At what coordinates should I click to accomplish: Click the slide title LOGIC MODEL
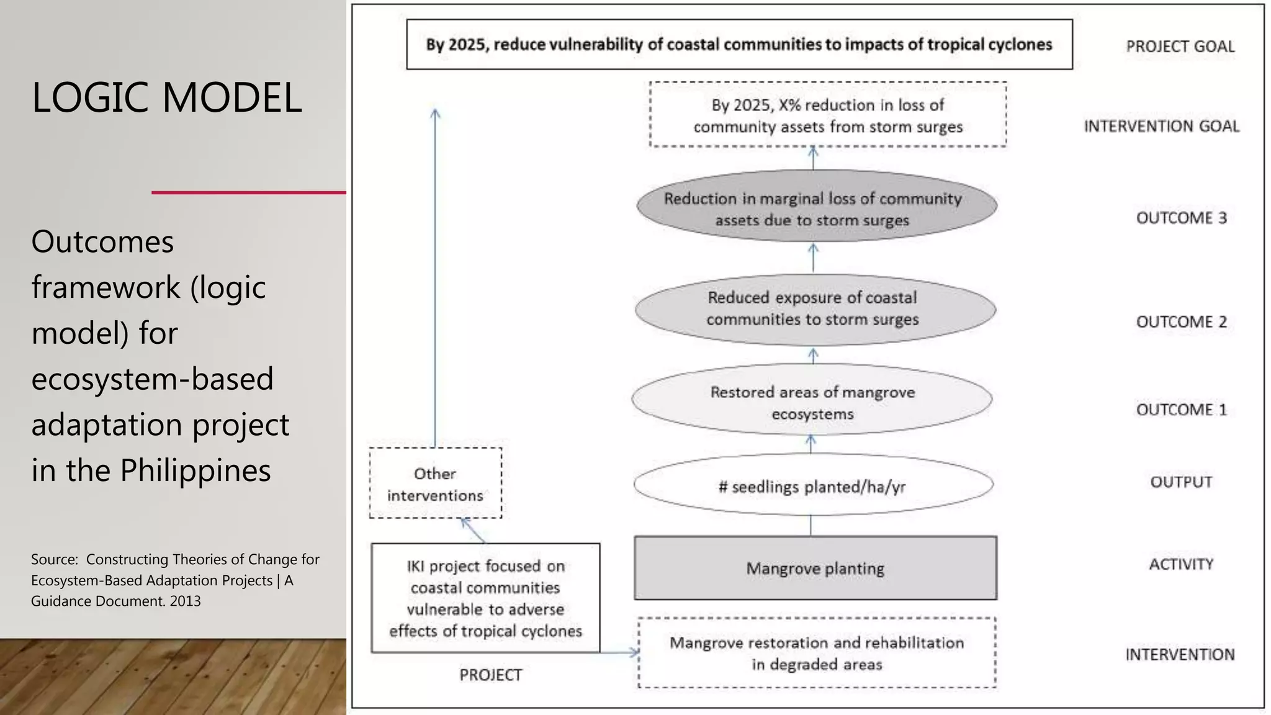(x=167, y=98)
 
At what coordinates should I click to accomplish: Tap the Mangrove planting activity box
(x=815, y=568)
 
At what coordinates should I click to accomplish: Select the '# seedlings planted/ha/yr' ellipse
(x=813, y=485)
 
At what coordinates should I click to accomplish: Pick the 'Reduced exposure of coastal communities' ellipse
(x=815, y=309)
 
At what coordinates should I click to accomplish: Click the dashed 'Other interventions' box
(x=435, y=483)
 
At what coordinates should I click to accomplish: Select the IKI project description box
(x=485, y=598)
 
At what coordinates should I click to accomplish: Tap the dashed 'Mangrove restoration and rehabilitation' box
(x=817, y=653)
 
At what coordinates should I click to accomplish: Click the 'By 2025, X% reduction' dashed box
(x=828, y=115)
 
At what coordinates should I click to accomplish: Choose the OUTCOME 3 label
(x=1181, y=218)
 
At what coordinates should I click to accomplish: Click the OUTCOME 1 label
(x=1181, y=410)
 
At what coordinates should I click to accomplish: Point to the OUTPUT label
(x=1181, y=482)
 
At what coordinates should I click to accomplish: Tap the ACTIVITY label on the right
(x=1181, y=564)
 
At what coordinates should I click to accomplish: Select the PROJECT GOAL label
(x=1180, y=47)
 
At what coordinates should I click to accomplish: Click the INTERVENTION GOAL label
(x=1161, y=127)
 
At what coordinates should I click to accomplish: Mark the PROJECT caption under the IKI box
(x=490, y=675)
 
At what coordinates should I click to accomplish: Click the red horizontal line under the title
(x=248, y=192)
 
